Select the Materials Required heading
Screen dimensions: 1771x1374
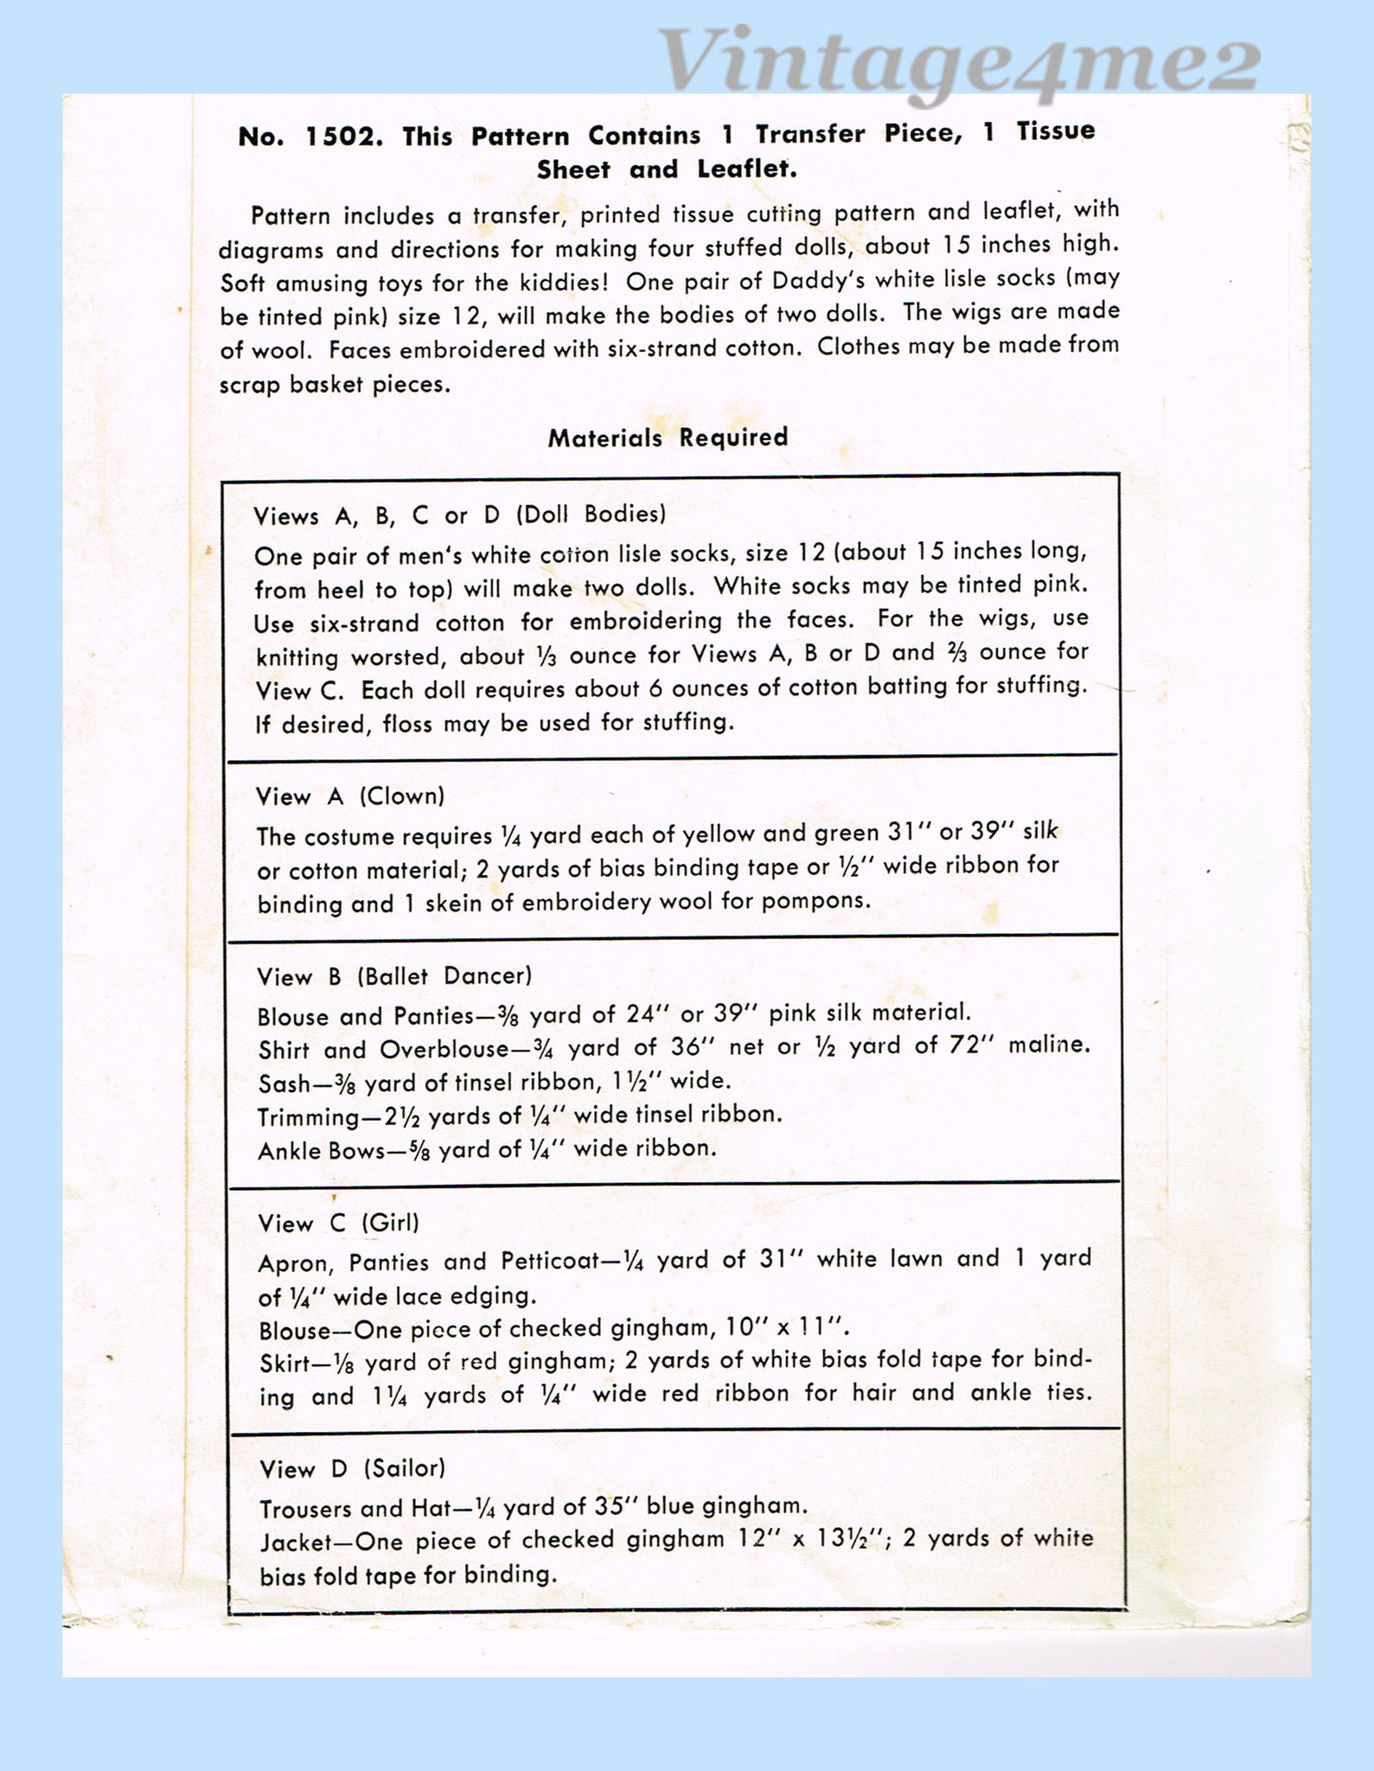tap(668, 438)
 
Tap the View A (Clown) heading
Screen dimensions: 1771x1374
tap(350, 796)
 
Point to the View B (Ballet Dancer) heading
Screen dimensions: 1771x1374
tap(394, 976)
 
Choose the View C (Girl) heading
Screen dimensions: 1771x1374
tap(338, 1223)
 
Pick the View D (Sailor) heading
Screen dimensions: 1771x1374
tap(353, 1468)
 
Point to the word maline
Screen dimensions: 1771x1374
tap(1048, 1045)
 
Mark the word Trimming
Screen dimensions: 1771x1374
tap(309, 1117)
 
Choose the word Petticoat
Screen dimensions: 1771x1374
tap(546, 1261)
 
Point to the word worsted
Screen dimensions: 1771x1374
tap(397, 657)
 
